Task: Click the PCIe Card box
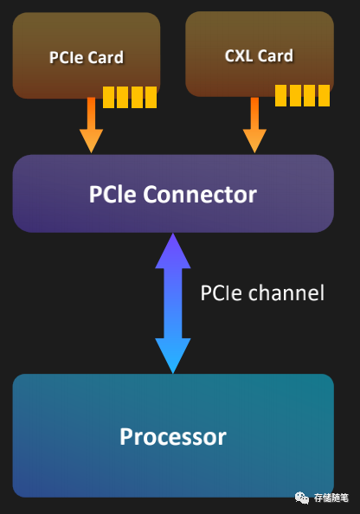tap(87, 55)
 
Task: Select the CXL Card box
tap(260, 55)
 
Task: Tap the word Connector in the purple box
tap(200, 195)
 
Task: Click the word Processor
tap(173, 436)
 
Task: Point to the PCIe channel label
tap(262, 292)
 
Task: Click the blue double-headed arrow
tap(173, 303)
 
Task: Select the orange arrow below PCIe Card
tap(91, 125)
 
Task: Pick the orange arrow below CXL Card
tap(254, 125)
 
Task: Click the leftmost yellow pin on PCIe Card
tap(108, 98)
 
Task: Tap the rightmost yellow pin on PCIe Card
tap(151, 98)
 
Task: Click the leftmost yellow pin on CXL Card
tap(280, 95)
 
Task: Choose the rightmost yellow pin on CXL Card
tap(324, 95)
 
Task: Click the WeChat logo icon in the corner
tap(302, 498)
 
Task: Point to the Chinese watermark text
tap(331, 498)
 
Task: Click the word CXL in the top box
tap(239, 55)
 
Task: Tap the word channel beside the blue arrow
tap(286, 292)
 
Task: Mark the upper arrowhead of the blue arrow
tap(173, 253)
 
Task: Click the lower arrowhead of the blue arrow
tap(173, 355)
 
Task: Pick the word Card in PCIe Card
tap(106, 57)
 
